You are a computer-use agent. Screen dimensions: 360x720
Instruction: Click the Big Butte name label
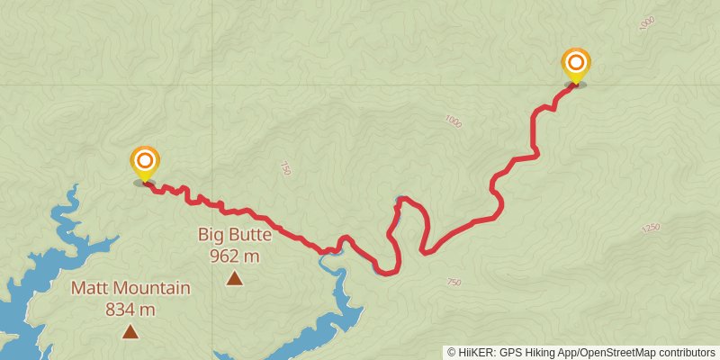(235, 236)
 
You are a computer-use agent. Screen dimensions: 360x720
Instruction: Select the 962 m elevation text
(235, 256)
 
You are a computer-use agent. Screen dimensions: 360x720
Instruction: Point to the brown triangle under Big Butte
(235, 278)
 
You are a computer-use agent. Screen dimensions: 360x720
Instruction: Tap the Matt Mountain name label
(131, 289)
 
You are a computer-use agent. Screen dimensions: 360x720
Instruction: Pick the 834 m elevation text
(131, 309)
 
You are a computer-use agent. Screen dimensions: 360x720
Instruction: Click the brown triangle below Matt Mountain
(130, 332)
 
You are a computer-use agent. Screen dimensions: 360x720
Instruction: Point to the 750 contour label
(454, 283)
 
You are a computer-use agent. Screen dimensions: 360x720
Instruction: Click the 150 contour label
(285, 168)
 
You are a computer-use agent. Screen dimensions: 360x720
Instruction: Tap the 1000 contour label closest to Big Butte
(452, 121)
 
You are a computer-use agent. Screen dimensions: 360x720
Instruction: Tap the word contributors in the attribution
(688, 353)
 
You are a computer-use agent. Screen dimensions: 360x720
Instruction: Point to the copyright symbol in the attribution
(453, 353)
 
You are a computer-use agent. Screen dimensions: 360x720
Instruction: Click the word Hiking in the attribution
(538, 353)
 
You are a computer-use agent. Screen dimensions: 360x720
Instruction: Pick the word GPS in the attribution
(509, 353)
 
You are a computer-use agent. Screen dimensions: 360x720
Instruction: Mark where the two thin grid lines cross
(213, 85)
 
